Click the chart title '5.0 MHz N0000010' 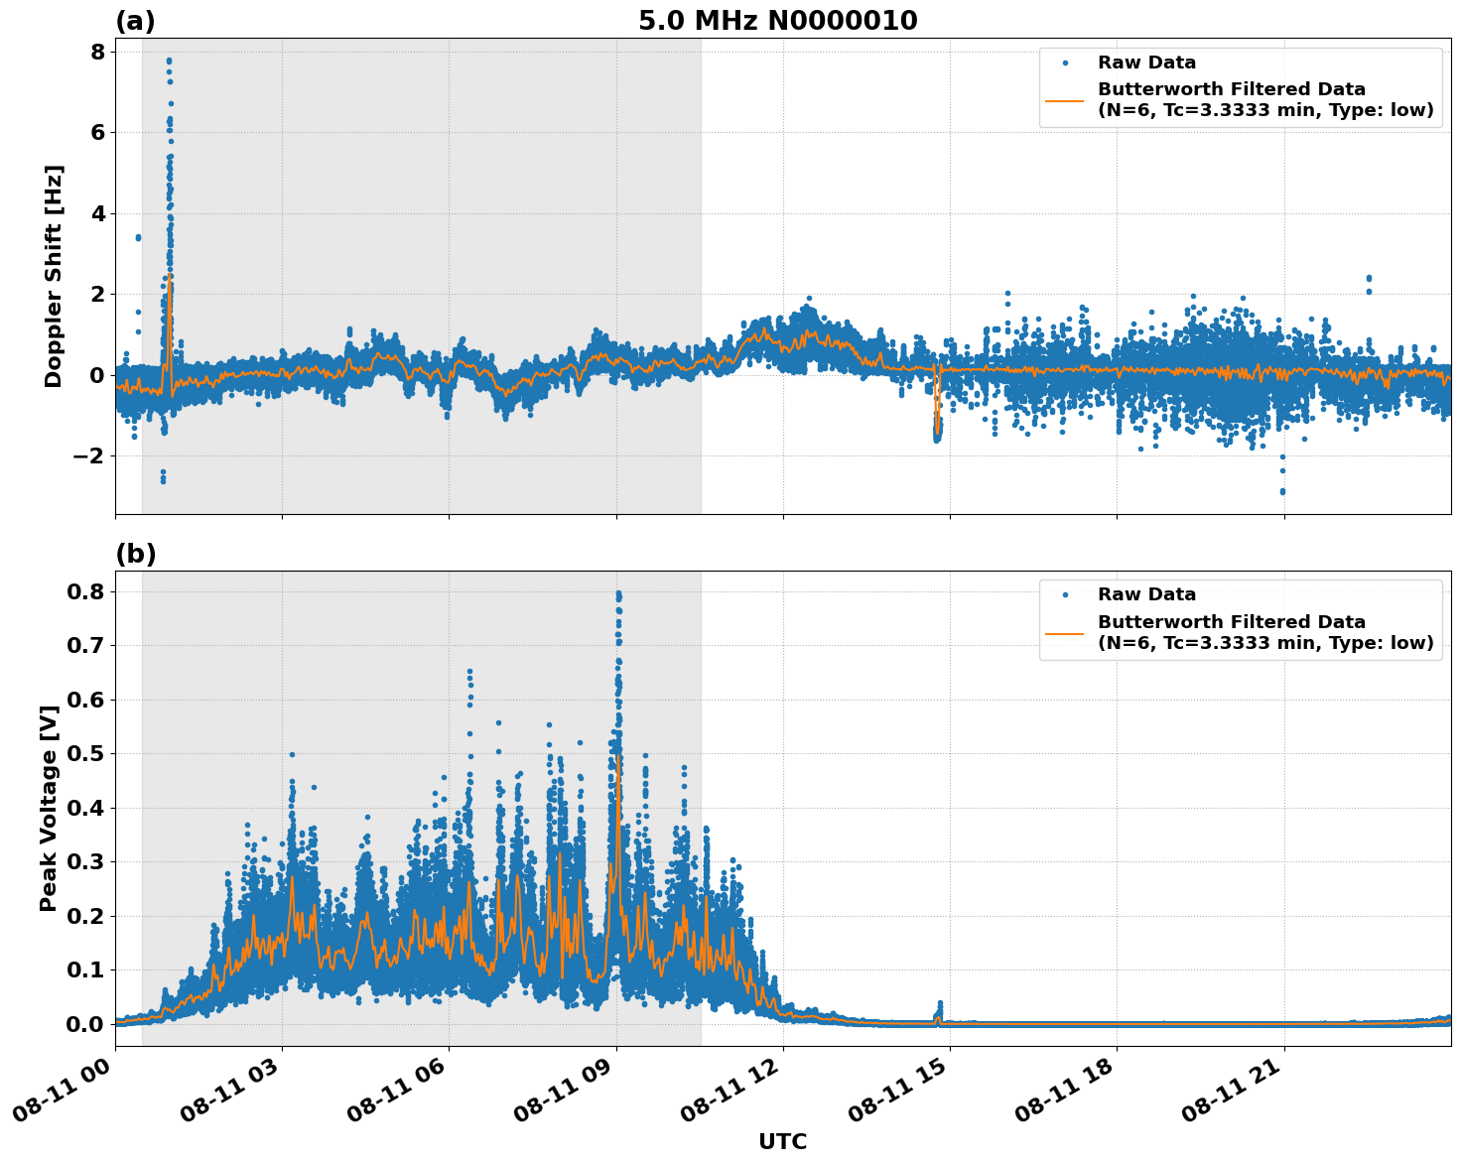click(x=777, y=21)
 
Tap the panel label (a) click(x=135, y=21)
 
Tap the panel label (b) click(x=135, y=554)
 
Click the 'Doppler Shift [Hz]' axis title click(x=54, y=276)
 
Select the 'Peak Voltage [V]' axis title click(x=49, y=808)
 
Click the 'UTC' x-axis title click(x=782, y=1141)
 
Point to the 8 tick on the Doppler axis click(x=97, y=52)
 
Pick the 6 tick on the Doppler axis click(x=97, y=132)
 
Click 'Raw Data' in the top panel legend click(x=1146, y=64)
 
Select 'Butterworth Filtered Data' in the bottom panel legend click(x=1231, y=622)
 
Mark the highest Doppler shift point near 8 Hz click(x=169, y=61)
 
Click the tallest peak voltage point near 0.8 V click(x=618, y=593)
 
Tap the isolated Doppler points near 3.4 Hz click(x=138, y=237)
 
